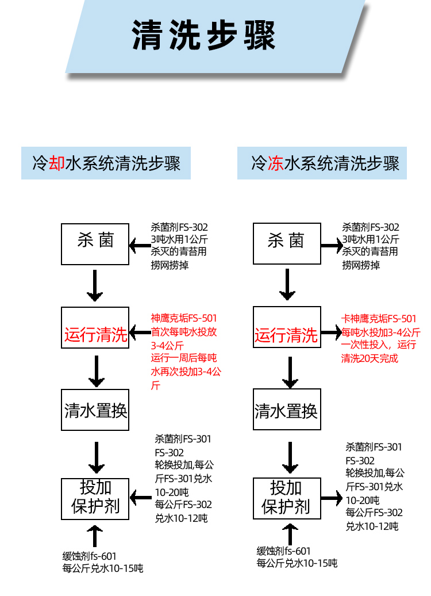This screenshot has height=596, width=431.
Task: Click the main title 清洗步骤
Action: click(204, 36)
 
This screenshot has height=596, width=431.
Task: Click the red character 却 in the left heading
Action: click(56, 163)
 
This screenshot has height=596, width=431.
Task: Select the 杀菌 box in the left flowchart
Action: click(95, 244)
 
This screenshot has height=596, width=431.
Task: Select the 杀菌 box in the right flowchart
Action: click(286, 244)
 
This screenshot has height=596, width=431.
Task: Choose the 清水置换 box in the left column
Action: click(95, 410)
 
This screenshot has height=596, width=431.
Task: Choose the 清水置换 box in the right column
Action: click(286, 410)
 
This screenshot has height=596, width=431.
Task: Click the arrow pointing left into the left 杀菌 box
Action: click(139, 246)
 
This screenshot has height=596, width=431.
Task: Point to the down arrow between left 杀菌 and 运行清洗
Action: click(95, 286)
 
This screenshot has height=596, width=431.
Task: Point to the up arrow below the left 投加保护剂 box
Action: click(95, 534)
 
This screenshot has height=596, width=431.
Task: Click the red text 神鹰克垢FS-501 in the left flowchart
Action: click(184, 318)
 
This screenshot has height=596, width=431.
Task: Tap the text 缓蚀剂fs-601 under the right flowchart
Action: click(283, 551)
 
